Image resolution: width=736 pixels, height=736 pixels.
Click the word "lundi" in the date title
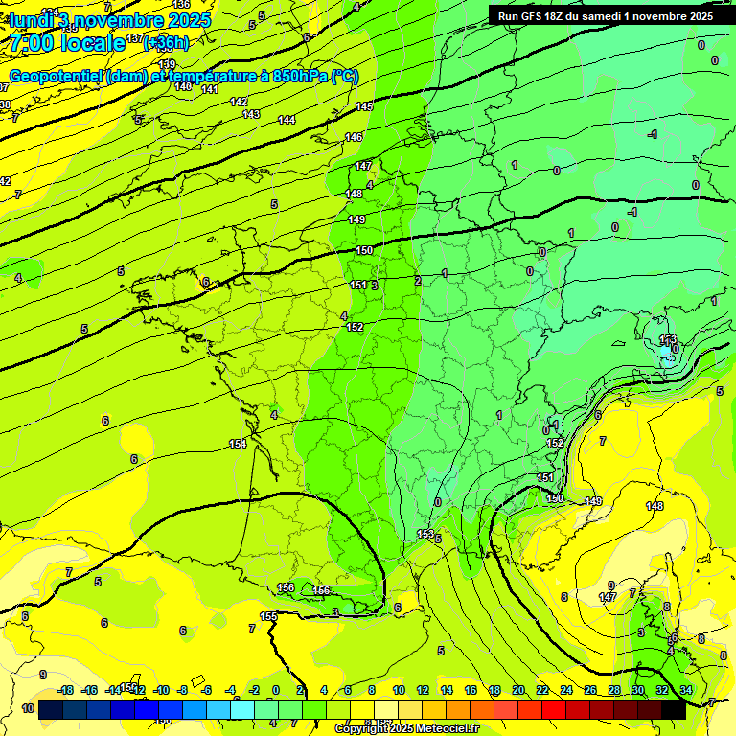(31, 20)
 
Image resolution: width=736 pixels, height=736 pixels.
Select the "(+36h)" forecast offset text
(166, 43)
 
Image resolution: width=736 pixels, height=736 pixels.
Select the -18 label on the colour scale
(66, 690)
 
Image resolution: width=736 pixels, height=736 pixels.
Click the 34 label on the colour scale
(685, 690)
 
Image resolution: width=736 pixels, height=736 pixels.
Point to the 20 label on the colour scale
(518, 690)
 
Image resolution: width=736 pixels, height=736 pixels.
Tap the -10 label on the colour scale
(162, 690)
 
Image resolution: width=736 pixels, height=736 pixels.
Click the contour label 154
(238, 444)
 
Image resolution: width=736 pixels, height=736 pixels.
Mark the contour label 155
(269, 616)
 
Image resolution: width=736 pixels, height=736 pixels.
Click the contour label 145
(364, 106)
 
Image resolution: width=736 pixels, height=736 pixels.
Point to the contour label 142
(239, 102)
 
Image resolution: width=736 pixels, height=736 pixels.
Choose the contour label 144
(287, 120)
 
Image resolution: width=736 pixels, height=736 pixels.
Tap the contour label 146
(354, 137)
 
